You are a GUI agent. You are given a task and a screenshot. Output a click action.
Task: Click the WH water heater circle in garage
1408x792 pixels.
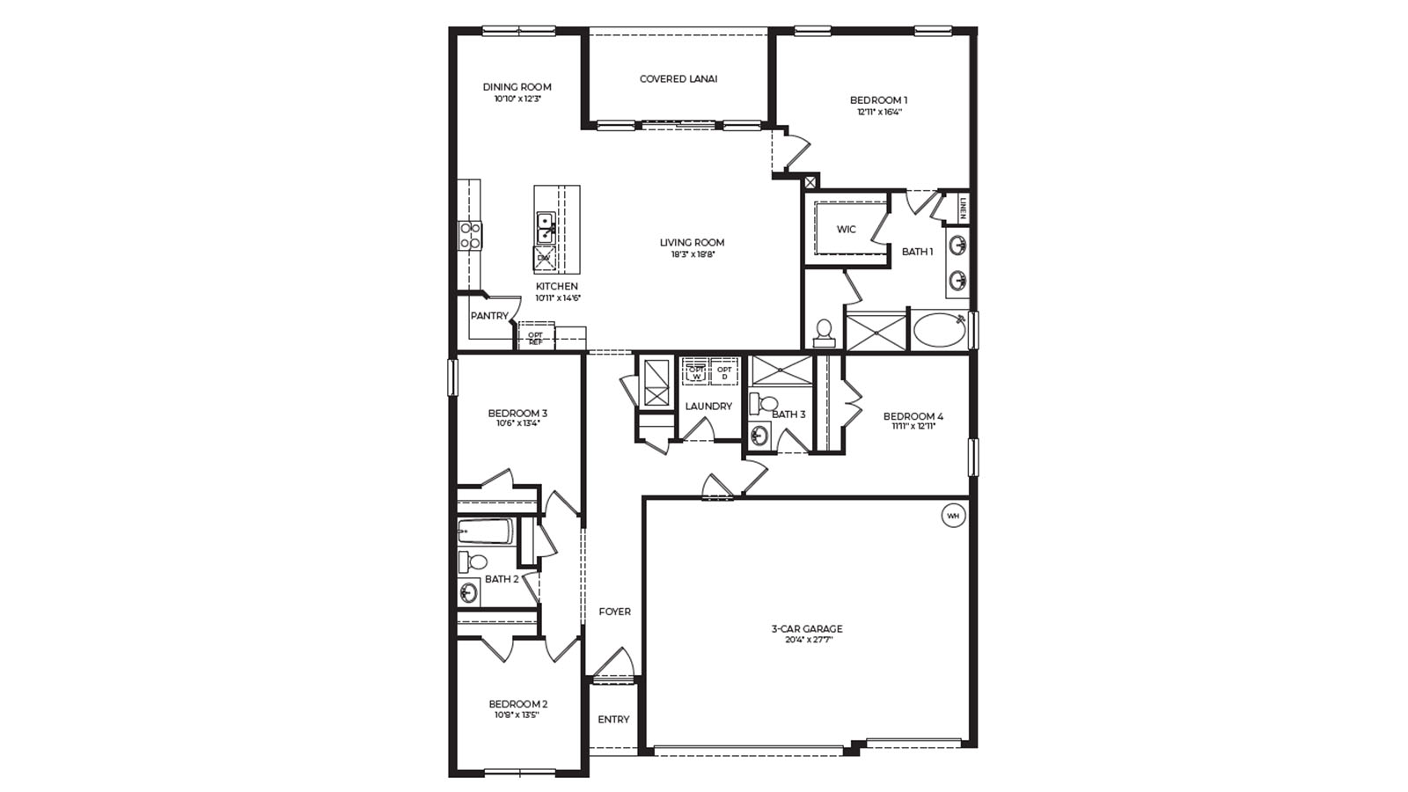coord(954,516)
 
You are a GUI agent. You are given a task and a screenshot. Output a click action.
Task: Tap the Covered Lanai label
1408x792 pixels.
coord(678,79)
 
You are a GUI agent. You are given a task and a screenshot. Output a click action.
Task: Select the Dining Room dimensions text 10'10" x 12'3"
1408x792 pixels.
coord(517,99)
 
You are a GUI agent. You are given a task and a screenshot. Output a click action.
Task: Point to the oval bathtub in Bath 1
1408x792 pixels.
coord(939,331)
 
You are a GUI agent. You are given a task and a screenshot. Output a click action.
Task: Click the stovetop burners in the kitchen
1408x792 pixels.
coord(470,235)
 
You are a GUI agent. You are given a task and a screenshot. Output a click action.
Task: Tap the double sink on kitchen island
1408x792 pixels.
coord(546,227)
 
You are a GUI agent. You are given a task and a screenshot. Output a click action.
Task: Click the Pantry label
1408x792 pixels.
coord(488,316)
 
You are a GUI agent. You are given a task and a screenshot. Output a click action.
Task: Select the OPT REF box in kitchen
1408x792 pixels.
coord(535,337)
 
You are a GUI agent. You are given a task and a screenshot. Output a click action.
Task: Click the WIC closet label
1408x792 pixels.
coord(846,230)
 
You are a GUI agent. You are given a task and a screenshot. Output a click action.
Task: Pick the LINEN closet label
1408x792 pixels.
coord(964,209)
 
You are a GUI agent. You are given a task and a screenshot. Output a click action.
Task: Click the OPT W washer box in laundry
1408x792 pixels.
coord(696,372)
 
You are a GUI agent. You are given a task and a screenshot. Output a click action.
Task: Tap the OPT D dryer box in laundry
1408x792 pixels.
coord(724,372)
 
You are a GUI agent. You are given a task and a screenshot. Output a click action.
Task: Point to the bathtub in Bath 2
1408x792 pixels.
coord(485,532)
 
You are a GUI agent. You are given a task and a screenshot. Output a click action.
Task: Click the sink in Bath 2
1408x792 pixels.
coord(468,593)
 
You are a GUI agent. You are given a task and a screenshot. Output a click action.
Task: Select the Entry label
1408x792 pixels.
coord(613,720)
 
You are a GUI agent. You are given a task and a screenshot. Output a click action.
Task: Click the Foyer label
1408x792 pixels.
coord(614,612)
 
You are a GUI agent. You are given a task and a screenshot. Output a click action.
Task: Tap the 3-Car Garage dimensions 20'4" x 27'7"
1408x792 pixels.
coord(807,641)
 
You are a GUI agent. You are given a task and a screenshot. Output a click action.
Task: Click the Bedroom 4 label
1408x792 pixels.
coord(913,416)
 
